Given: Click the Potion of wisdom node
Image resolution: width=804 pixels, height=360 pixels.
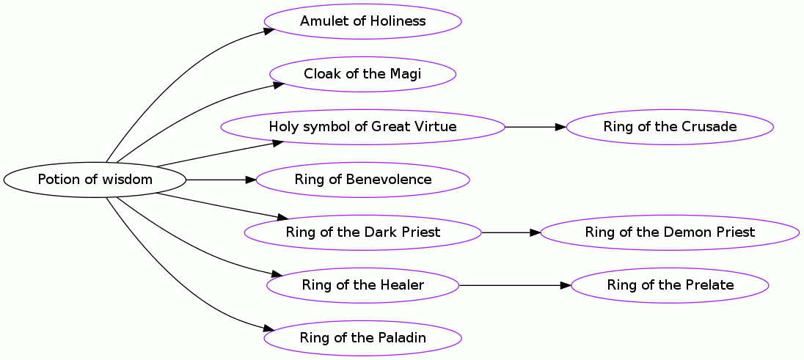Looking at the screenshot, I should [x=95, y=180].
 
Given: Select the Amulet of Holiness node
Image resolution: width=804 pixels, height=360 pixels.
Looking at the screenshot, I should [x=362, y=21].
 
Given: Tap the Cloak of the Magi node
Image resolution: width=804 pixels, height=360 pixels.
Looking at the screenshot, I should [x=362, y=74].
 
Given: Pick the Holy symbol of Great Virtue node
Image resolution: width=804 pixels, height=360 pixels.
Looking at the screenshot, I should [x=362, y=127].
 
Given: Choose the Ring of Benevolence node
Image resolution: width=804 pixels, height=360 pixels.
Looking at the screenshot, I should [x=362, y=180].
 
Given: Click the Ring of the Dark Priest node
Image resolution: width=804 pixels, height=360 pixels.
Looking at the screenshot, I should [x=362, y=232].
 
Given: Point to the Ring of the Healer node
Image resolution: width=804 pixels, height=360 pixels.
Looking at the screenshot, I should [x=362, y=285].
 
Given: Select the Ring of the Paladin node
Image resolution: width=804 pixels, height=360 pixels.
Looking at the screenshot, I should [x=362, y=338].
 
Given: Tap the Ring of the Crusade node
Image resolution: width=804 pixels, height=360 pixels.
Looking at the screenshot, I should [x=670, y=127].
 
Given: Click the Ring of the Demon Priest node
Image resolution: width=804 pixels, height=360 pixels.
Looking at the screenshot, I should [x=670, y=232].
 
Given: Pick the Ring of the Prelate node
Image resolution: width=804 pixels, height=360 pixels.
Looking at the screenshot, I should [x=670, y=285].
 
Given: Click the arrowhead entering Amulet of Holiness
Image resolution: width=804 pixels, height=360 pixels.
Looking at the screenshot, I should [x=269, y=31].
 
